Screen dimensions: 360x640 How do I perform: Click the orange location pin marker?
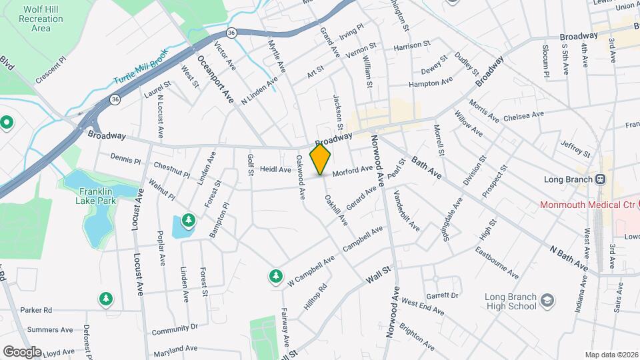tap(321, 159)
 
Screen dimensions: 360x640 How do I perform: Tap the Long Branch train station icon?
tap(601, 179)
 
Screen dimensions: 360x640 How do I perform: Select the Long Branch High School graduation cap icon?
tap(547, 301)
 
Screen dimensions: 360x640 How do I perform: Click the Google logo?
tap(22, 351)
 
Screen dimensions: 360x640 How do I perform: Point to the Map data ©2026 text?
tap(611, 355)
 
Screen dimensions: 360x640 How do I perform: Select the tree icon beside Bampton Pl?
tap(189, 219)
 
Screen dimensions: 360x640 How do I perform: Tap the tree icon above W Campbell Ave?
tap(275, 275)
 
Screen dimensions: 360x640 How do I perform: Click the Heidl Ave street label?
tap(275, 170)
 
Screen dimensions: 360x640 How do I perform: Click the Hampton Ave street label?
tap(430, 83)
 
